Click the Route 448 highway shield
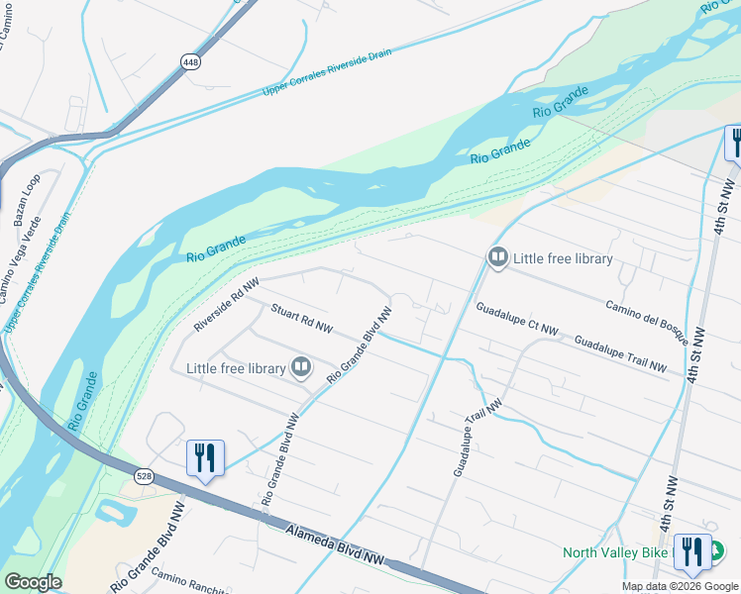click(190, 61)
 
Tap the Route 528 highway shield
click(145, 476)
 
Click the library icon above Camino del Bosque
click(497, 258)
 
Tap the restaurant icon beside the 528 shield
click(205, 457)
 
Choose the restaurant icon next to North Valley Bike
click(691, 551)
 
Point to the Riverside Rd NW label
click(227, 304)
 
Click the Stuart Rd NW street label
click(302, 318)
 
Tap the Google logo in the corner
click(33, 582)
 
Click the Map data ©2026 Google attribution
click(680, 586)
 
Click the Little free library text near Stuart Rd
click(236, 368)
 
